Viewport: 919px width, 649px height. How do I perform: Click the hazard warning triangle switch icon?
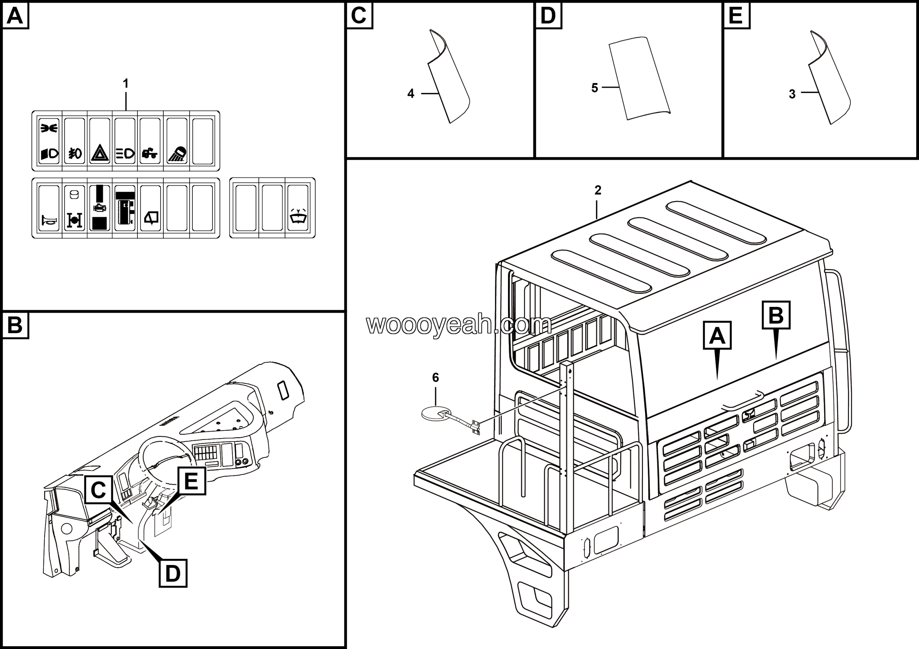[x=100, y=153]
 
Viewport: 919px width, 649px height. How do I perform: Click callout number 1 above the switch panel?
[x=126, y=84]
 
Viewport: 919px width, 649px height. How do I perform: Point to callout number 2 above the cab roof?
[x=598, y=191]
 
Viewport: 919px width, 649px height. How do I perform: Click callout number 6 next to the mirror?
[x=435, y=377]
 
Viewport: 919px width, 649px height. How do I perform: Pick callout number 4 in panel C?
[x=411, y=94]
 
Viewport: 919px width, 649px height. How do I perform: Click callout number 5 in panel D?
[x=595, y=88]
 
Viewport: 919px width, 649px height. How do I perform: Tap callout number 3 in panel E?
[x=792, y=94]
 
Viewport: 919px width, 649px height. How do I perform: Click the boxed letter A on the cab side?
[x=717, y=335]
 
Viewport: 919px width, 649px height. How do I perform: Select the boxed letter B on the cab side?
[x=776, y=315]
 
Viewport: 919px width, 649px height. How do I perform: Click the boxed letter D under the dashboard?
[x=173, y=573]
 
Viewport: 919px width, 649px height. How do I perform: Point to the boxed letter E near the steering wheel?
[x=191, y=481]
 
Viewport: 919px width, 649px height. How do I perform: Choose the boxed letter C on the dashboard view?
[x=98, y=489]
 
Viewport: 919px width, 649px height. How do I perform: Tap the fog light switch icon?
[x=74, y=153]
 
